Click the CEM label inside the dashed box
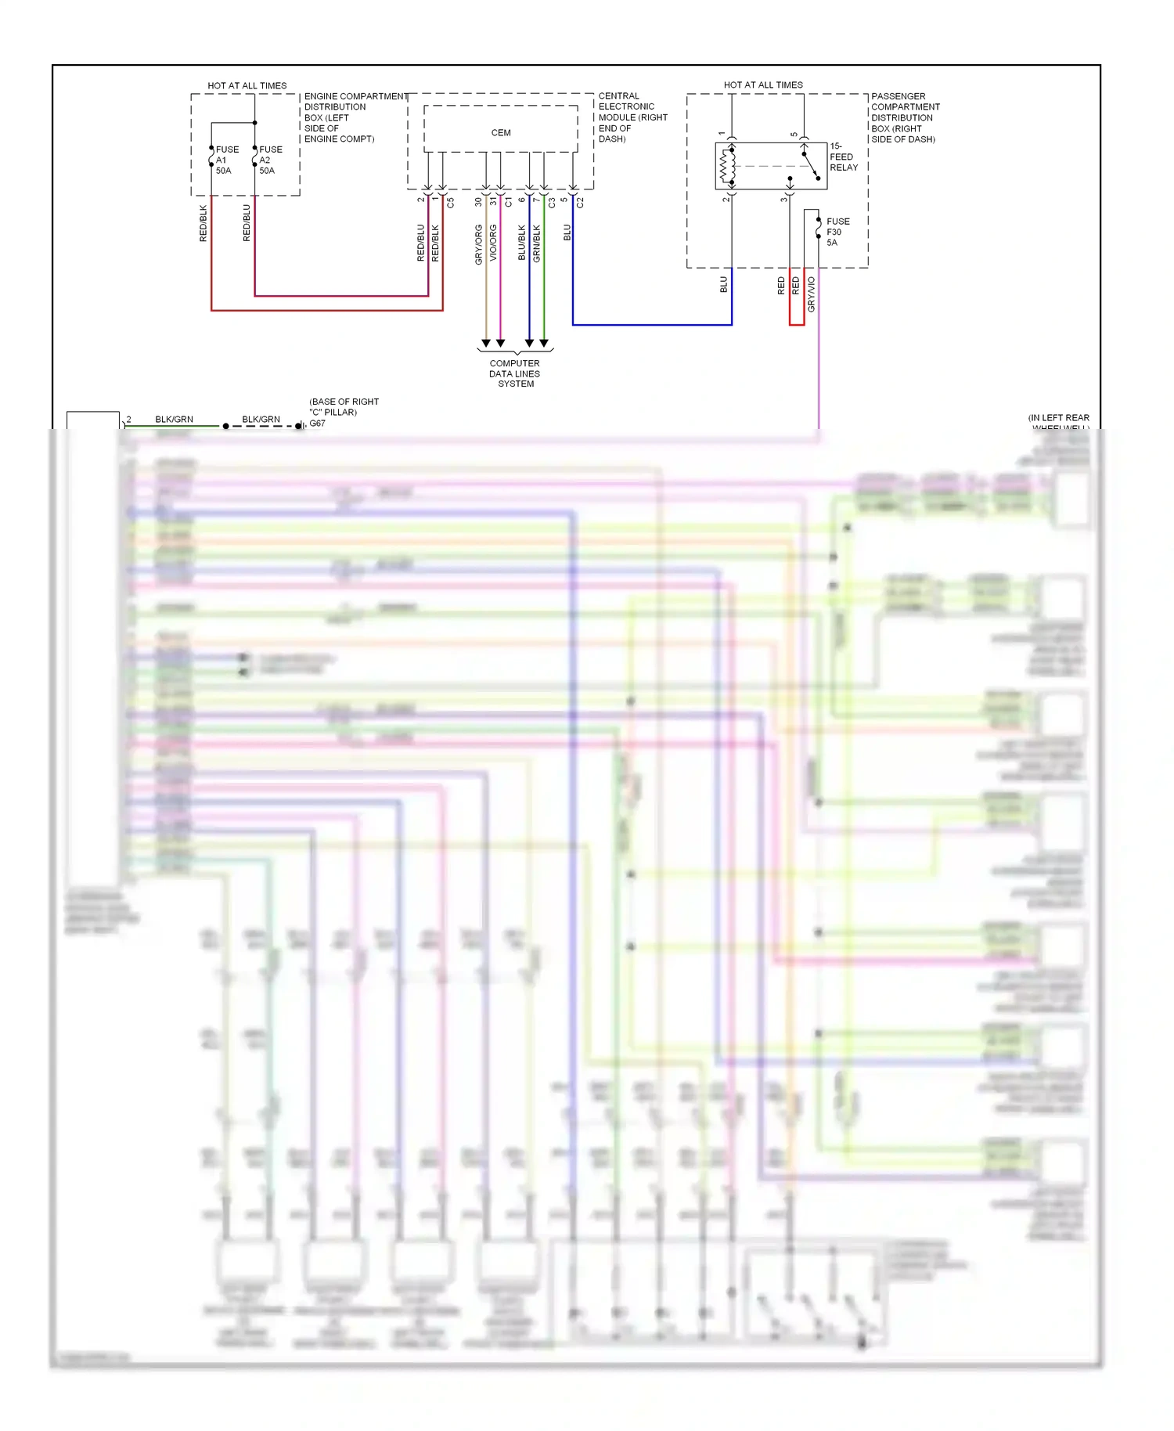tap(501, 133)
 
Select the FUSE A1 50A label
tap(226, 160)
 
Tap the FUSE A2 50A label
tap(270, 160)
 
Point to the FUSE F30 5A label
tap(837, 232)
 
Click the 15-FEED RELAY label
tap(844, 157)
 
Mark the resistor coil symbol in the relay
tap(725, 165)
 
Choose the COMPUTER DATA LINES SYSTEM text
tap(514, 373)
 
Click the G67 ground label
tap(317, 424)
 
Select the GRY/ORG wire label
tap(479, 244)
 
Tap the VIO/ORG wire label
tap(493, 243)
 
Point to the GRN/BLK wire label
tap(537, 243)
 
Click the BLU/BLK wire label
tap(522, 243)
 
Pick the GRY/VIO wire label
tap(812, 294)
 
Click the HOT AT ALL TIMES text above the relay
tap(762, 85)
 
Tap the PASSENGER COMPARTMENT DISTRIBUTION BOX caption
tap(905, 117)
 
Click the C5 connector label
tap(451, 202)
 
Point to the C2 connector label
tap(581, 202)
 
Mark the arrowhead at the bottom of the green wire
tap(544, 343)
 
